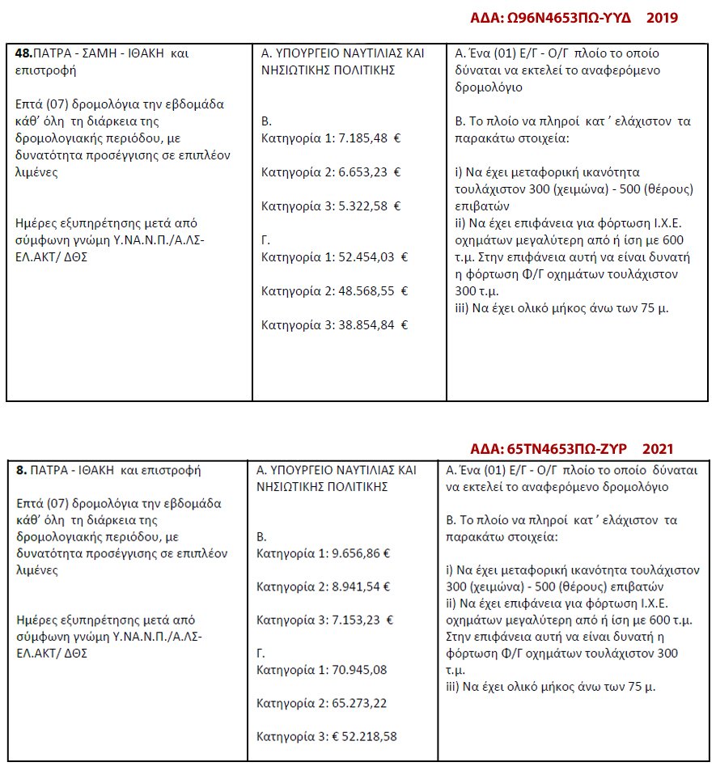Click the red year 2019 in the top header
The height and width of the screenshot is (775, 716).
(x=661, y=18)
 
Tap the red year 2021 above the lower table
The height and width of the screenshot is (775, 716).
(x=657, y=448)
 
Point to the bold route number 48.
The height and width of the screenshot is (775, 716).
(x=24, y=53)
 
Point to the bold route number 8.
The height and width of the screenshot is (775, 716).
(x=22, y=469)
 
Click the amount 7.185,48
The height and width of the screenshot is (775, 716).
(x=362, y=138)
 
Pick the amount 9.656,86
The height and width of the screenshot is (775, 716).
(x=356, y=554)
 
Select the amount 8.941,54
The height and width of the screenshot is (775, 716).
(x=356, y=587)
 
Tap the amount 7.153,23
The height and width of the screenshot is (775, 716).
(x=356, y=620)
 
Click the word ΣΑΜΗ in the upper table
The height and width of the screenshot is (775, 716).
(x=100, y=53)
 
